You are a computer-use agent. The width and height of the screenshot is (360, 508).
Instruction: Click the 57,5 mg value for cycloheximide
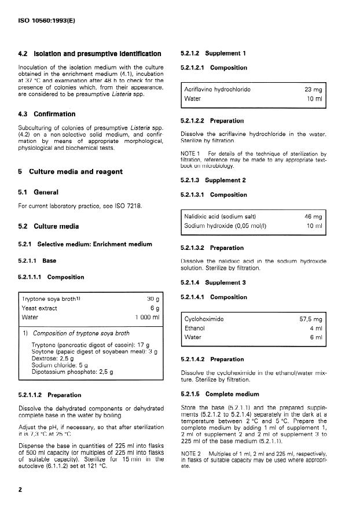tap(311, 319)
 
